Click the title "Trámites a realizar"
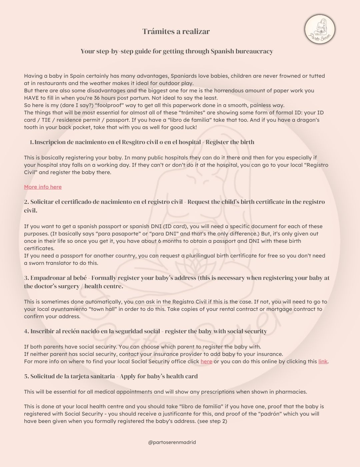click(176, 31)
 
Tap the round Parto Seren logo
click(320, 30)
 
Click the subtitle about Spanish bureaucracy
click(177, 51)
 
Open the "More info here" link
click(43, 187)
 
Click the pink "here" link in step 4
click(206, 361)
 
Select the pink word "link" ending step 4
click(323, 361)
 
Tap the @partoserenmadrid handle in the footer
click(172, 442)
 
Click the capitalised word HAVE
click(32, 98)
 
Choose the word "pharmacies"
click(291, 392)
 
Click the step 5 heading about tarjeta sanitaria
click(111, 376)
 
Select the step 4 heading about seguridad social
click(145, 331)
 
